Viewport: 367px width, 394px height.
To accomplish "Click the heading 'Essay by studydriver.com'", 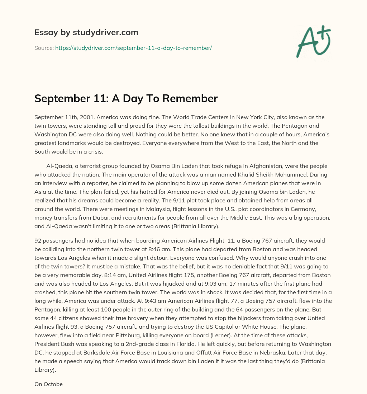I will [86, 33].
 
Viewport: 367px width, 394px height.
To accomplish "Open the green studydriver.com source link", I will [133, 48].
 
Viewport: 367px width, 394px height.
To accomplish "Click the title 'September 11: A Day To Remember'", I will [126, 99].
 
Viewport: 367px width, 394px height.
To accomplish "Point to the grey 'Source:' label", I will [44, 48].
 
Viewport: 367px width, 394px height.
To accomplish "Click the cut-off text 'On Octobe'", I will [48, 384].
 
